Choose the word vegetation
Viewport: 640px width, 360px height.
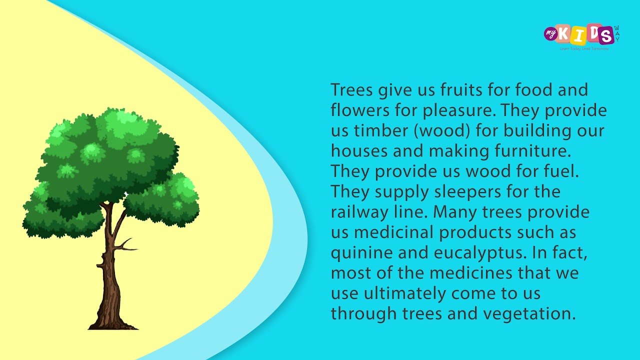tap(529, 314)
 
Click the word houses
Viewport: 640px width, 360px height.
tap(360, 151)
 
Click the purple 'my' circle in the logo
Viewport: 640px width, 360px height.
tap(550, 34)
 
